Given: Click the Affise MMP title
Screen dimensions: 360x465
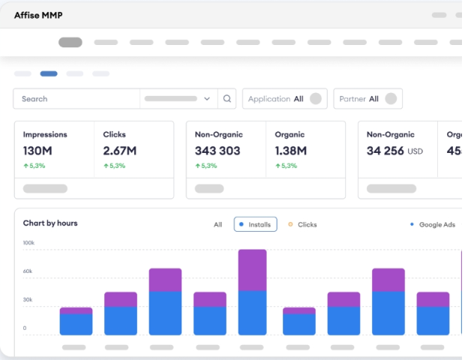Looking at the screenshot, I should pyautogui.click(x=38, y=14).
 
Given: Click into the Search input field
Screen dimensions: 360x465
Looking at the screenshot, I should pyautogui.click(x=75, y=98).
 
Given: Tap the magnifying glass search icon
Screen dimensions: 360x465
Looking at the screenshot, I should pyautogui.click(x=227, y=98).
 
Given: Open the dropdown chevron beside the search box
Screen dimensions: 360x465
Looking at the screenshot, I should pyautogui.click(x=207, y=98).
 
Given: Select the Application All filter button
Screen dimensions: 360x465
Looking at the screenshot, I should pyautogui.click(x=284, y=98).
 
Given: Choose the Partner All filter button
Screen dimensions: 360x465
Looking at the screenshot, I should pyautogui.click(x=367, y=98).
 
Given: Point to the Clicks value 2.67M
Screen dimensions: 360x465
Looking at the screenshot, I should pyautogui.click(x=120, y=151).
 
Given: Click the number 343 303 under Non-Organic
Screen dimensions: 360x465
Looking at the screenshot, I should pyautogui.click(x=217, y=151).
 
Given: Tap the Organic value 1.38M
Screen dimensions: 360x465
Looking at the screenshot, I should pyautogui.click(x=291, y=151).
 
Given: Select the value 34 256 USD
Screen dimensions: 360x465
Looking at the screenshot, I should pyautogui.click(x=394, y=151).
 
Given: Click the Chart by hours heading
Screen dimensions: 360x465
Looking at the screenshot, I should pyautogui.click(x=50, y=223).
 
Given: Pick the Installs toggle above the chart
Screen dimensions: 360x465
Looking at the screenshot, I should pyautogui.click(x=255, y=224).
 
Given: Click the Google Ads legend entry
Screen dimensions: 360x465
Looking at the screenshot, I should pyautogui.click(x=433, y=224).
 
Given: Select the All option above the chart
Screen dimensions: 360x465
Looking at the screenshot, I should pyautogui.click(x=217, y=224).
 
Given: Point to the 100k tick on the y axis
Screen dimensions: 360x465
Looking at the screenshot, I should pyautogui.click(x=29, y=243).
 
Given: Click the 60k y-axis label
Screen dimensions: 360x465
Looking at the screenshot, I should pyautogui.click(x=28, y=271).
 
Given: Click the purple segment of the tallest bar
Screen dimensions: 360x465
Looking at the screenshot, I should pyautogui.click(x=253, y=269).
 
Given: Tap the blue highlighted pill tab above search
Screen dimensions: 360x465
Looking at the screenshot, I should pyautogui.click(x=49, y=73).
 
